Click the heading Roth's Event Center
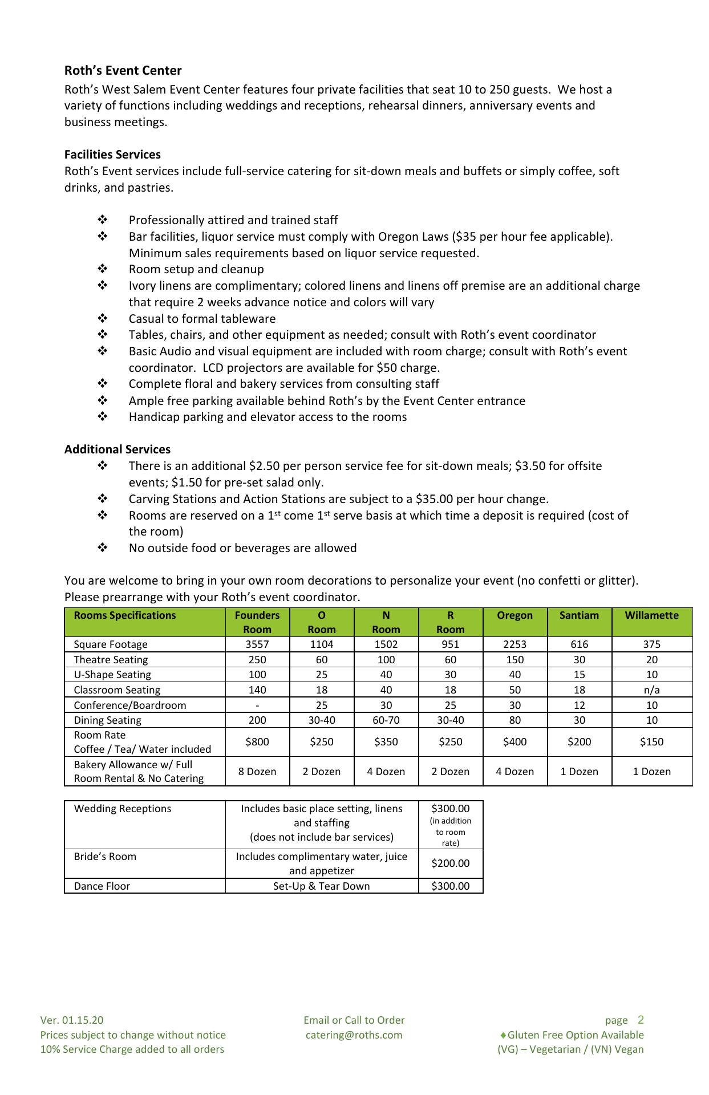tap(123, 71)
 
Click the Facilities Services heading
tap(112, 155)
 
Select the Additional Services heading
tap(117, 449)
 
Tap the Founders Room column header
tap(257, 622)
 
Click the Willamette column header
tap(651, 615)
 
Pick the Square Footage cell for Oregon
tap(514, 644)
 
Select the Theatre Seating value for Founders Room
tap(257, 660)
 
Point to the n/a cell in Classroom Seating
tap(651, 690)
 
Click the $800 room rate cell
tap(257, 742)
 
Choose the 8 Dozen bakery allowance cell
tap(257, 772)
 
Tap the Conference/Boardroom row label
tap(130, 705)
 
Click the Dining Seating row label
tap(108, 720)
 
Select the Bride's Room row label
tap(105, 857)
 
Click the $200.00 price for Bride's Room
tap(451, 863)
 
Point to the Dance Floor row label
tap(102, 886)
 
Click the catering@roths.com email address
tap(354, 1035)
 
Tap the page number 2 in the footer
tap(641, 1020)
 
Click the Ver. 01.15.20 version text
tap(72, 1020)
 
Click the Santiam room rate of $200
tap(579, 742)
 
